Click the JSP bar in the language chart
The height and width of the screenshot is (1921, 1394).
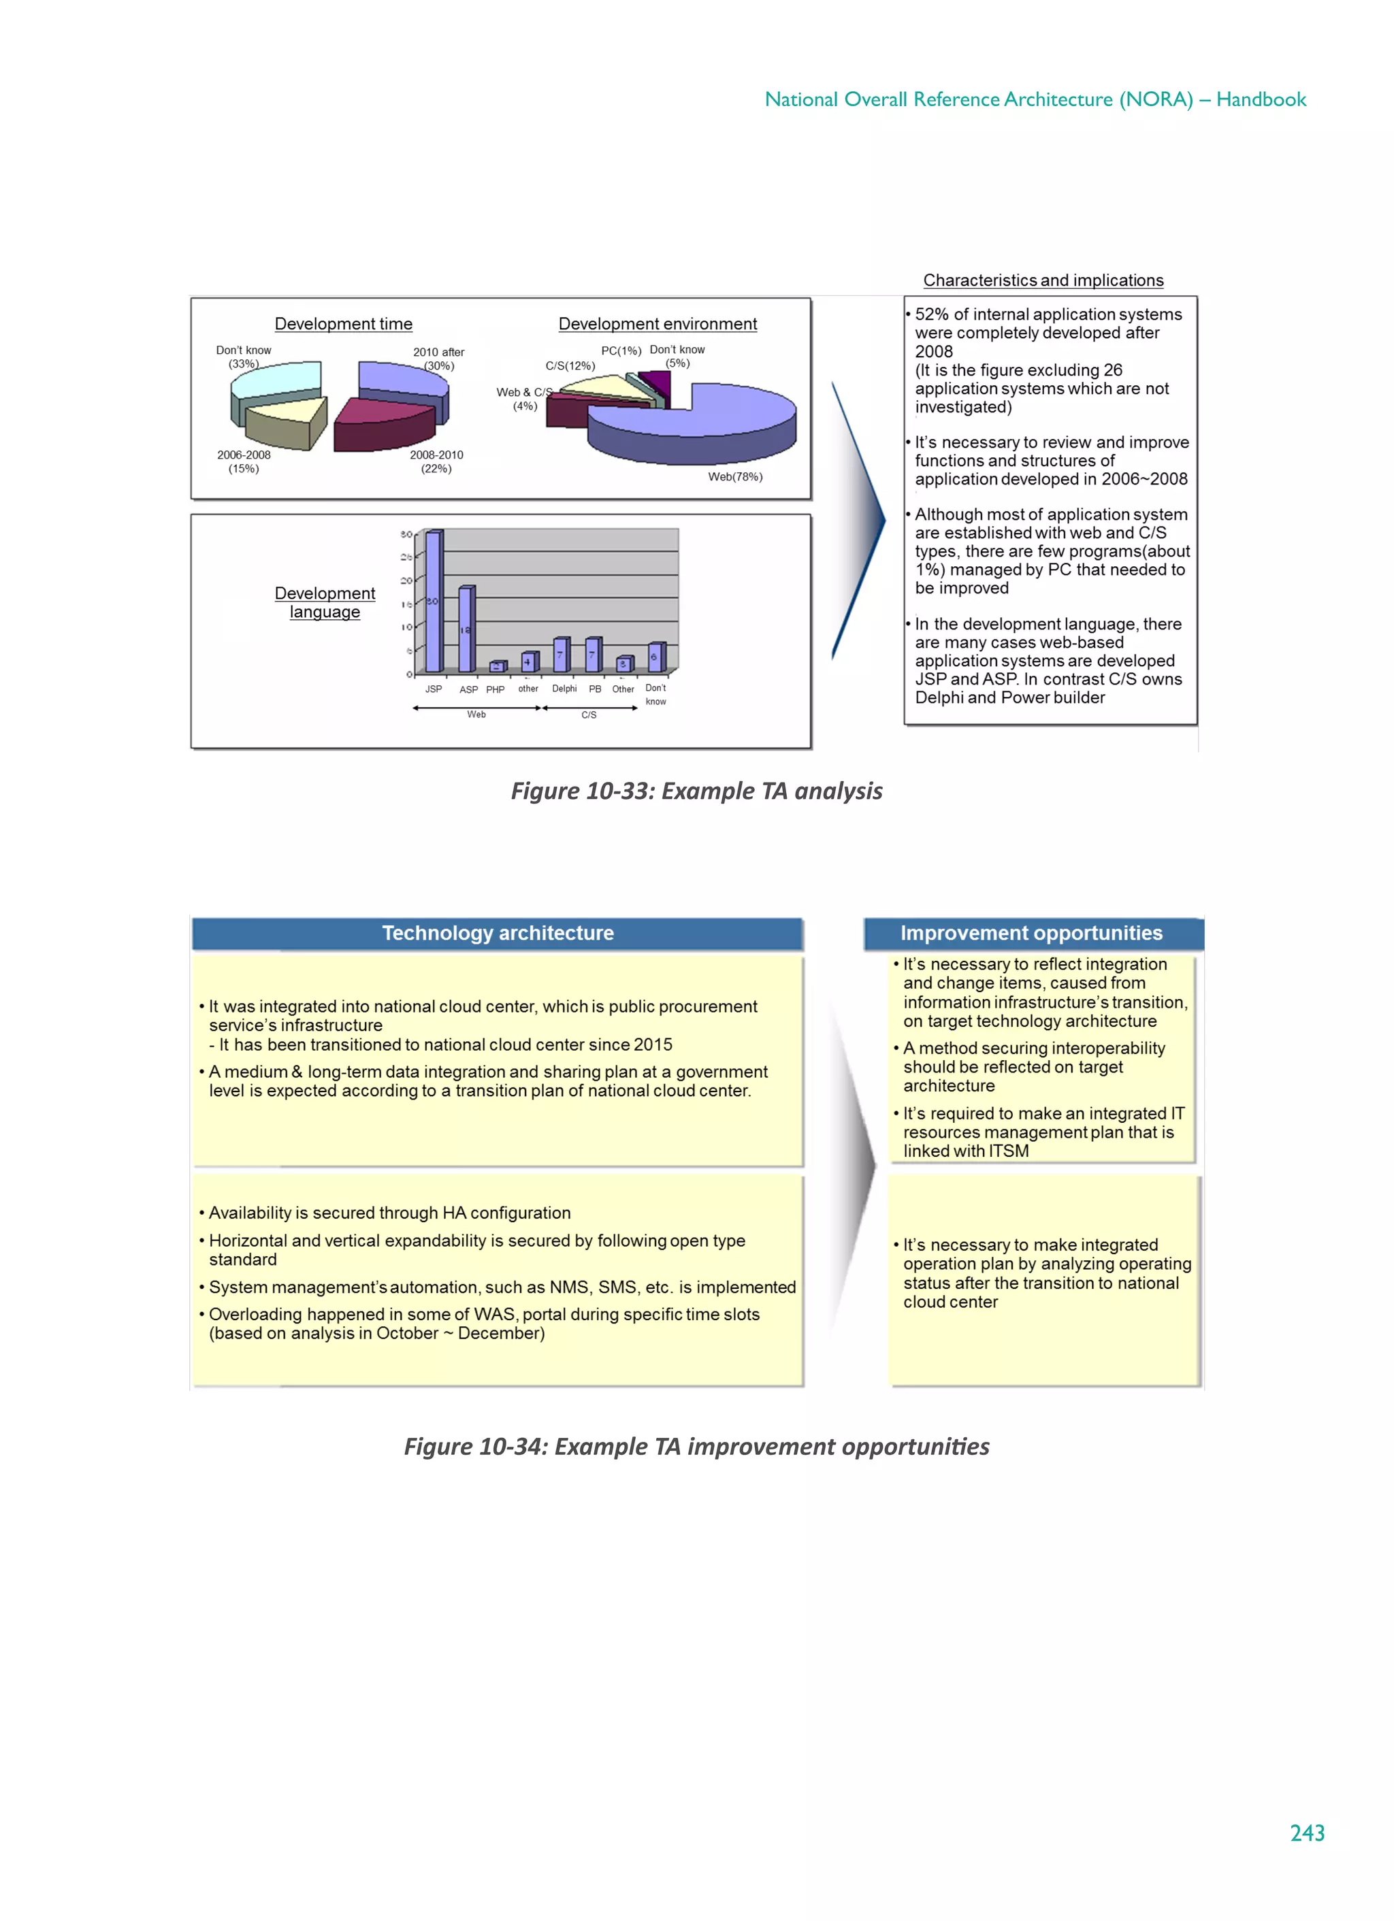(433, 602)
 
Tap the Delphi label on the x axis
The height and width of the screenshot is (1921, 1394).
(564, 689)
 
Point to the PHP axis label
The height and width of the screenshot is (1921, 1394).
(495, 689)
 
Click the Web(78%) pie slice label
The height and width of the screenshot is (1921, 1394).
(734, 477)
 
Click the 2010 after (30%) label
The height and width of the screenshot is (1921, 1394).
(439, 359)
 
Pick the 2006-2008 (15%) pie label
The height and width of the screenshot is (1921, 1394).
(244, 461)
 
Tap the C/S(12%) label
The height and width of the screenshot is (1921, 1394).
(570, 366)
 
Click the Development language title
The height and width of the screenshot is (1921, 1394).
(325, 602)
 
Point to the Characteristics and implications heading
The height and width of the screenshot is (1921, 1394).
(1043, 280)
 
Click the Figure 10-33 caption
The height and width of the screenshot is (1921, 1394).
(696, 791)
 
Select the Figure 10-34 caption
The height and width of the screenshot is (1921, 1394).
(696, 1446)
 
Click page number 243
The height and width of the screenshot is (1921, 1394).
(1307, 1833)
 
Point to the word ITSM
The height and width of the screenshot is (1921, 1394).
(1009, 1151)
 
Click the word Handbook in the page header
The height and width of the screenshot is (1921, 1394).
(1261, 100)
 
